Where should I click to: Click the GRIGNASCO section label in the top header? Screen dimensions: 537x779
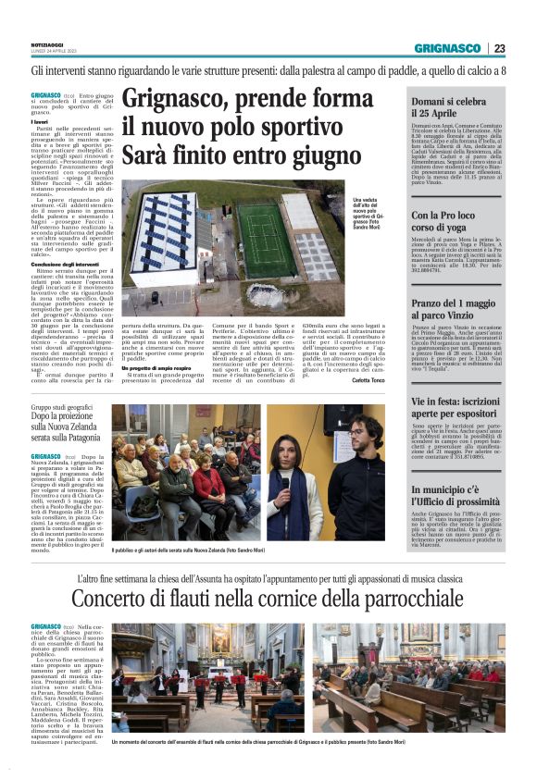[447, 48]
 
